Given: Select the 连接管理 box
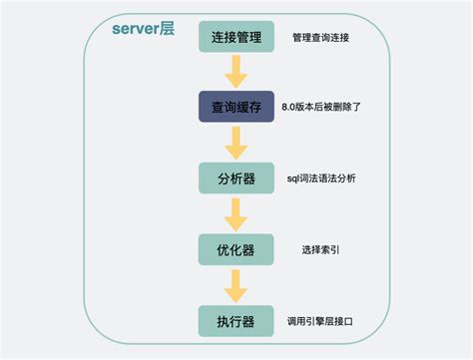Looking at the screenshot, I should (x=236, y=37).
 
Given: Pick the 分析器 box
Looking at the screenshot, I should (x=236, y=178).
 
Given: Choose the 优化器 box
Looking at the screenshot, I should (x=236, y=249).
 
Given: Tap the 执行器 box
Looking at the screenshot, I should (x=236, y=322).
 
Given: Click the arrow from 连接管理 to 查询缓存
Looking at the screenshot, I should (x=236, y=72).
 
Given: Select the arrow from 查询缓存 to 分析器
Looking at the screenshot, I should (x=236, y=143).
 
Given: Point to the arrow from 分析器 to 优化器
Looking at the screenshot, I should (x=236, y=213).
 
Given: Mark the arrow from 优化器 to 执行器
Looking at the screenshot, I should (x=236, y=285).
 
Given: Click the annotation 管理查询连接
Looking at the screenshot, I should (x=321, y=38).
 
